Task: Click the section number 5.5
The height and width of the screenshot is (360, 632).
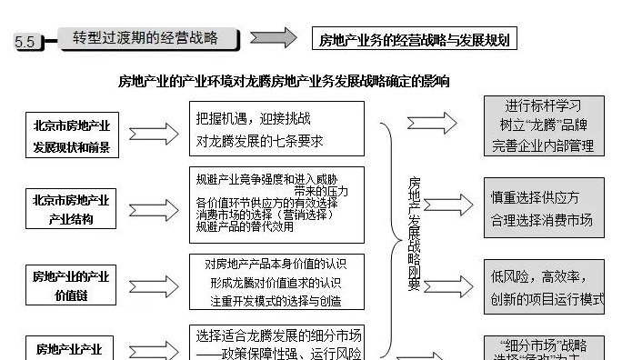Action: tap(25, 42)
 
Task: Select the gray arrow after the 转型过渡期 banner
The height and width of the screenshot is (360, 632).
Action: tap(273, 38)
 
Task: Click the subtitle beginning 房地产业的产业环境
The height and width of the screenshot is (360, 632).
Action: tap(283, 81)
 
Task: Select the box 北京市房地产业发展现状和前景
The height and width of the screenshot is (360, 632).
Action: tap(72, 135)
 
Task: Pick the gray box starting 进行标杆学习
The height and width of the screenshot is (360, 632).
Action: tap(543, 125)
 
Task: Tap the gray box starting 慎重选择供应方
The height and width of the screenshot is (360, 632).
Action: tap(543, 208)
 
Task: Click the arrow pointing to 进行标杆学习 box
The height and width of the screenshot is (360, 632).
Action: tap(432, 124)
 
